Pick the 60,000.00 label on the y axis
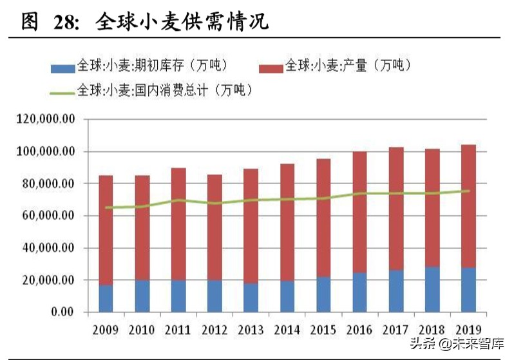(48, 216)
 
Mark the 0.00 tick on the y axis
(61, 313)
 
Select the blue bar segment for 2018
(432, 289)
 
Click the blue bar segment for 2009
(106, 298)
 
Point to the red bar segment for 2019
(468, 206)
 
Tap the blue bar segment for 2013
(251, 298)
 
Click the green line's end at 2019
(468, 191)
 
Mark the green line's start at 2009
(106, 207)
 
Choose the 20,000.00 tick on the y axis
(48, 281)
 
